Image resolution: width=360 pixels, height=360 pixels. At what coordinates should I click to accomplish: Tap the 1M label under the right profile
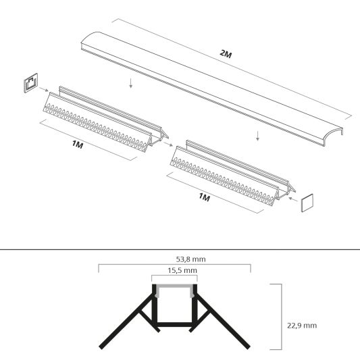[x=205, y=198]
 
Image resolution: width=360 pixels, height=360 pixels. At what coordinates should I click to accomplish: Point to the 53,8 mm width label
[x=174, y=258]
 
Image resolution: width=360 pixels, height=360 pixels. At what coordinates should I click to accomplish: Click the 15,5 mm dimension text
[x=174, y=270]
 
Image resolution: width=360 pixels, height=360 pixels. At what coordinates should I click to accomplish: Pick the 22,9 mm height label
[x=301, y=325]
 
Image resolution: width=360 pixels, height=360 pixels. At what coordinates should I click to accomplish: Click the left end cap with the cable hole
[x=30, y=84]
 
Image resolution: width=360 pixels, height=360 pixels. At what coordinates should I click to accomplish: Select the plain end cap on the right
[x=308, y=203]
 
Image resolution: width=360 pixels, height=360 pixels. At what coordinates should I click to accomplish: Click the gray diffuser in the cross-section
[x=174, y=289]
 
